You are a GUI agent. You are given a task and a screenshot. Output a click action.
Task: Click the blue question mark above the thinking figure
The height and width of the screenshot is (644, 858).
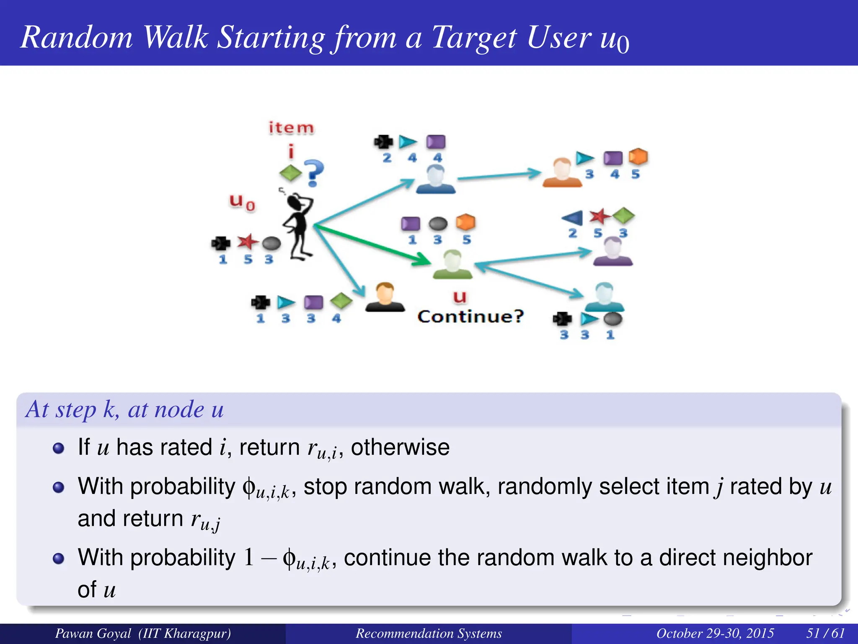pos(314,173)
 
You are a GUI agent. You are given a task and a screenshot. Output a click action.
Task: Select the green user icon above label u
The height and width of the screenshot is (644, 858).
pos(452,264)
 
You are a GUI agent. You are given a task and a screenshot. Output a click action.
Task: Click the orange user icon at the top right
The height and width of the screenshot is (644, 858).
pos(562,172)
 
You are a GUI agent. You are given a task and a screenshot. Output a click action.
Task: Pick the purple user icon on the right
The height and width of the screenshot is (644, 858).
pos(612,252)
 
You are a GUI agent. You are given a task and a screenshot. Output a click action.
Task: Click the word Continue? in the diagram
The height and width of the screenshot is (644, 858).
pos(470,316)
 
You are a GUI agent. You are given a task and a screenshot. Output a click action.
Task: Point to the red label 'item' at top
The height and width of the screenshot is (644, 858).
pos(291,128)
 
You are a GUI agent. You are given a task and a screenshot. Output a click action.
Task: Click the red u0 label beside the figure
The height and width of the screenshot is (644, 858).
pos(242,202)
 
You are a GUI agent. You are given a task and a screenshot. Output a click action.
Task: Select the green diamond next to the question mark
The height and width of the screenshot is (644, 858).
pos(290,173)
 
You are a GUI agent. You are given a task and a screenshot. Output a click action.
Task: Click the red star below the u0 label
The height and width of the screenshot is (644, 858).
pos(247,241)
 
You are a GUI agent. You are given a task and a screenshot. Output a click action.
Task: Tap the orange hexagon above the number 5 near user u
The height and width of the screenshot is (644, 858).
pos(465,222)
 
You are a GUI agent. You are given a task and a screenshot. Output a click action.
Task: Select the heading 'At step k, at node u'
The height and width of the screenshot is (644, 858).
pos(125,409)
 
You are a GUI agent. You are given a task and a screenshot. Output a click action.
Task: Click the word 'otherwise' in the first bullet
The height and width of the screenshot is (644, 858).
pos(400,447)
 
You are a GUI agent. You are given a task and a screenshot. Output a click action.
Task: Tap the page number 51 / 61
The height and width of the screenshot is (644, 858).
pos(825,633)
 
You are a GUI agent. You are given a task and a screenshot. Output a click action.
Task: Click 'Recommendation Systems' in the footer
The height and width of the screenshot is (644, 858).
pos(429,633)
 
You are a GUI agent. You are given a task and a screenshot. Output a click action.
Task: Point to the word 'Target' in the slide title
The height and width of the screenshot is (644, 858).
pos(474,38)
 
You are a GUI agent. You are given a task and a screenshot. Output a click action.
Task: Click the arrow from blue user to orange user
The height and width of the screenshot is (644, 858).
pos(499,176)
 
